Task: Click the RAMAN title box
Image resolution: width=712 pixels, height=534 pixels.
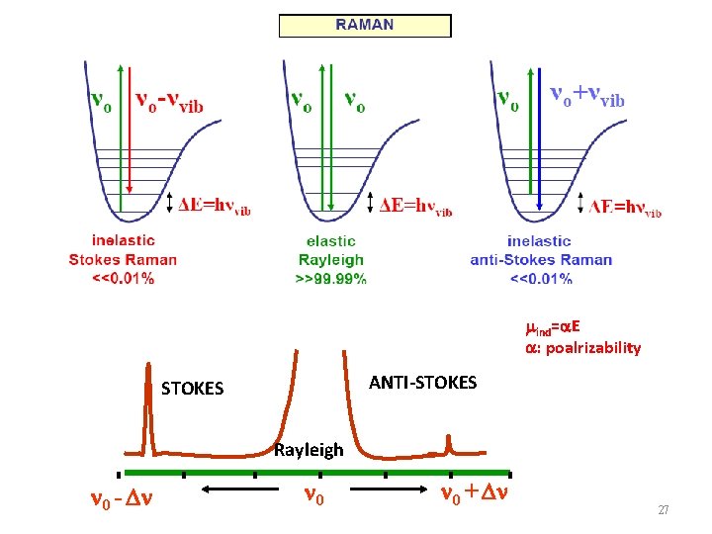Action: pyautogui.click(x=364, y=26)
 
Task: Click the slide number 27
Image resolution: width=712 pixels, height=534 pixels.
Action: pyautogui.click(x=664, y=510)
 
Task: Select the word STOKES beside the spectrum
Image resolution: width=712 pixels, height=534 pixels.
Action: pyautogui.click(x=192, y=389)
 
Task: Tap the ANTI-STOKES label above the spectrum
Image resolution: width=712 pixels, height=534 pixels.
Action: pyautogui.click(x=422, y=382)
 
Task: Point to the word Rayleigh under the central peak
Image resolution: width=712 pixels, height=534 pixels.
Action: pyautogui.click(x=309, y=450)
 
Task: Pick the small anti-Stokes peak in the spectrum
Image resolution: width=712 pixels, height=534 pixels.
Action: pyautogui.click(x=451, y=444)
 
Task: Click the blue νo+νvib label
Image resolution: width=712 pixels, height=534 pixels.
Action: pyautogui.click(x=587, y=95)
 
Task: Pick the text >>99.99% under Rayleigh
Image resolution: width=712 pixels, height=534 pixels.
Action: pyautogui.click(x=330, y=279)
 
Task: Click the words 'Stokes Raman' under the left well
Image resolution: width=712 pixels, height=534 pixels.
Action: pyautogui.click(x=123, y=260)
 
